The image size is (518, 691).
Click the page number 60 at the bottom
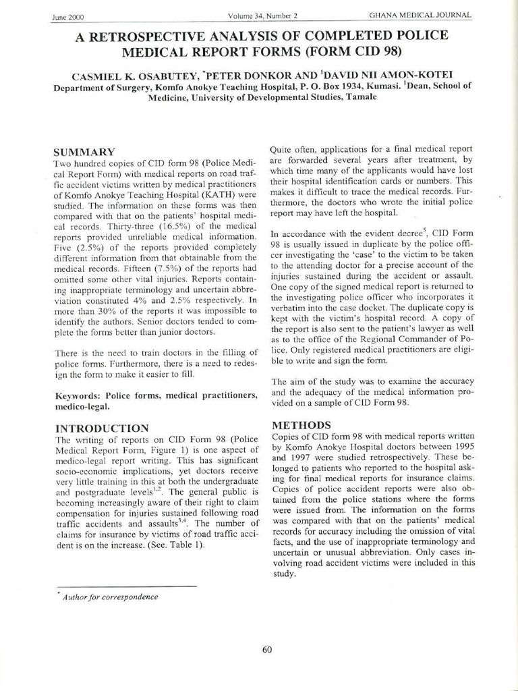point(266,650)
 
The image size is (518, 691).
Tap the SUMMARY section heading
point(84,152)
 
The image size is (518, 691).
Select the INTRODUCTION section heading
point(102,428)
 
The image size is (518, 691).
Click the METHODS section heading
point(301,425)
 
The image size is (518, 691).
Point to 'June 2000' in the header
point(67,17)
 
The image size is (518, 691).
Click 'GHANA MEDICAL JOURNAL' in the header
point(420,15)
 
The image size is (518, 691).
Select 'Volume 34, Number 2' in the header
point(263,16)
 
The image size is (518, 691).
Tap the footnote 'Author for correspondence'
point(111,597)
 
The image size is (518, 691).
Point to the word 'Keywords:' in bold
point(78,395)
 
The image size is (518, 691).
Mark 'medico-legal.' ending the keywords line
point(82,406)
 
